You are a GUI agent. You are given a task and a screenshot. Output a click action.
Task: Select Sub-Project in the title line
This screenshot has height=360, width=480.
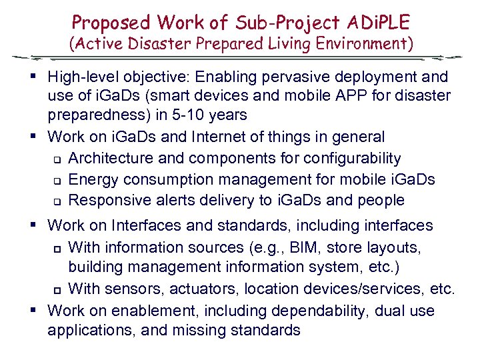pos(276,23)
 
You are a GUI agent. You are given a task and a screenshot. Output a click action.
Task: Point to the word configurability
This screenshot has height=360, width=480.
pos(344,159)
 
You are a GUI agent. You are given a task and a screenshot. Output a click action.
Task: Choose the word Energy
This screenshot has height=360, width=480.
pos(91,179)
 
